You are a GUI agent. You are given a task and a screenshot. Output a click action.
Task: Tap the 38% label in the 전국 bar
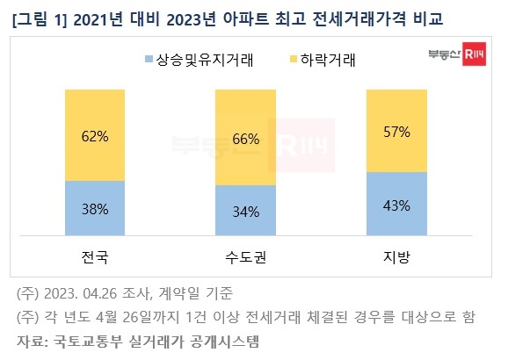click(96, 210)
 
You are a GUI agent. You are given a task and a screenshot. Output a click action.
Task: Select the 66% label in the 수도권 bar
click(245, 139)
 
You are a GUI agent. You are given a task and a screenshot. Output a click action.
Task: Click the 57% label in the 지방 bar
click(395, 130)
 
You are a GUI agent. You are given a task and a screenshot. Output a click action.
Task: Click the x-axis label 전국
click(96, 258)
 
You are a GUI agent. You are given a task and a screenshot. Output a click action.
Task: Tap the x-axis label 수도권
click(245, 258)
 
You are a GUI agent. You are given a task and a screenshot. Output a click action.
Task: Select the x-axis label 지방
click(395, 258)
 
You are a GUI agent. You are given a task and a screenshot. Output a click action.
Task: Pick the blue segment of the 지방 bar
click(395, 205)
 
